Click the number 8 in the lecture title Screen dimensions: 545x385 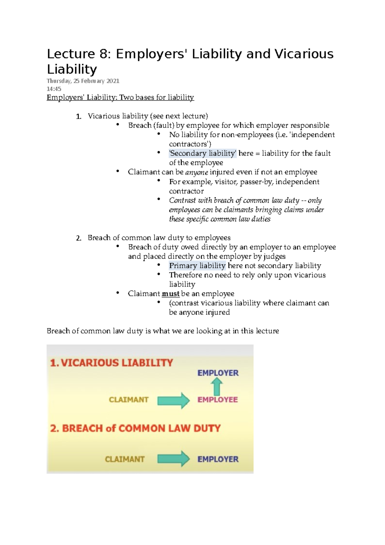click(x=103, y=54)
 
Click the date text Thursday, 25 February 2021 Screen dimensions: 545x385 click(x=83, y=81)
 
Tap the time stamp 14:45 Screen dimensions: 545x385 click(x=54, y=89)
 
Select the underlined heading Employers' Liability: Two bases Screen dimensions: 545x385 click(x=120, y=98)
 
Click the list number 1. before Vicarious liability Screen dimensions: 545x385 click(x=79, y=117)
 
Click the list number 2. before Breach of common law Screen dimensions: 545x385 click(x=79, y=238)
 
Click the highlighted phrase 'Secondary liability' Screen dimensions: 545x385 click(x=203, y=153)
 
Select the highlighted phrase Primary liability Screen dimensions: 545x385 click(x=197, y=266)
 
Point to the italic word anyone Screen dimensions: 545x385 click(x=197, y=172)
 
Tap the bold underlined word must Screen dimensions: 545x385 click(x=170, y=294)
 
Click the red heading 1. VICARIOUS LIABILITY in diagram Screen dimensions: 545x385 click(x=112, y=363)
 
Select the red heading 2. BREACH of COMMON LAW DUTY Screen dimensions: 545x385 click(x=135, y=428)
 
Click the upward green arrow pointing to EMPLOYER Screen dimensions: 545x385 click(x=217, y=386)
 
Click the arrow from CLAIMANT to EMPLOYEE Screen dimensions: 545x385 click(x=174, y=400)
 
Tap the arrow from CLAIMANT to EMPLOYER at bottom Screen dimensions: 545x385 click(x=174, y=459)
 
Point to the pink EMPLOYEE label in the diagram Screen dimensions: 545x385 click(x=218, y=400)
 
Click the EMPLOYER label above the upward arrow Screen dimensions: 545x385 click(x=218, y=373)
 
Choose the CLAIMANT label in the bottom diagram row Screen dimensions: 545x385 click(x=124, y=459)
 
